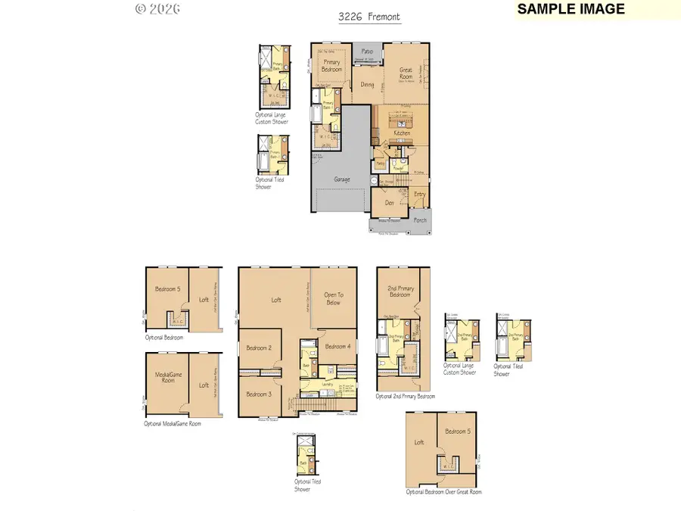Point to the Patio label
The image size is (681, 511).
pyautogui.click(x=366, y=51)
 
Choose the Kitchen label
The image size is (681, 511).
pyautogui.click(x=402, y=133)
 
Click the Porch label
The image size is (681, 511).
pyautogui.click(x=419, y=220)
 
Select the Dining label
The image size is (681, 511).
pyautogui.click(x=367, y=85)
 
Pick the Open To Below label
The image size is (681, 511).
pyautogui.click(x=333, y=298)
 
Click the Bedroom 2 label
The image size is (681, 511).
pyautogui.click(x=259, y=347)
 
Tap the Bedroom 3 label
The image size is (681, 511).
pyautogui.click(x=259, y=394)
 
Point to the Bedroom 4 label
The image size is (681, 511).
pyautogui.click(x=337, y=346)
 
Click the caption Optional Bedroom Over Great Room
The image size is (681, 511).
pyautogui.click(x=443, y=492)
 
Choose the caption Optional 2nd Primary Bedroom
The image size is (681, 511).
pyautogui.click(x=406, y=396)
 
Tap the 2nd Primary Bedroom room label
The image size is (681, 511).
pyautogui.click(x=401, y=291)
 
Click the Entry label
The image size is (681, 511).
pyautogui.click(x=420, y=194)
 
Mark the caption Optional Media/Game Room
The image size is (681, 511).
pyautogui.click(x=173, y=424)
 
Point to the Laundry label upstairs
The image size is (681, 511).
pyautogui.click(x=327, y=384)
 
